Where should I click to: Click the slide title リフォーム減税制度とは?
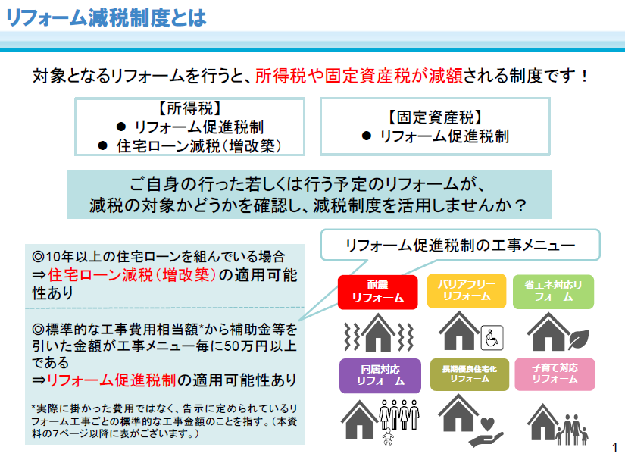(x=106, y=17)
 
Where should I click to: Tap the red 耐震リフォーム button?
(x=377, y=292)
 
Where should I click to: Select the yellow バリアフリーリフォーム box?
(x=467, y=291)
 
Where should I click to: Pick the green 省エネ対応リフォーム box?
(x=553, y=292)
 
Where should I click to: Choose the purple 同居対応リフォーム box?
(x=380, y=376)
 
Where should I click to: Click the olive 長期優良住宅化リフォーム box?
(x=470, y=374)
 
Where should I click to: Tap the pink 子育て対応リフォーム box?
(x=555, y=374)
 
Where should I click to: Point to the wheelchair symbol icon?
(x=492, y=338)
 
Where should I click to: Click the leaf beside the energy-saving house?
(x=579, y=339)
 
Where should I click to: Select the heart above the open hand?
(x=487, y=424)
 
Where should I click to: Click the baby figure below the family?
(x=387, y=437)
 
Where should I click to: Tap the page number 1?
(x=615, y=447)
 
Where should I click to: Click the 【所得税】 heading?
(x=190, y=108)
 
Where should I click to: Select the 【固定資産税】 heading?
(x=436, y=117)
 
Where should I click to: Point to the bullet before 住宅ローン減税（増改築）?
(x=103, y=146)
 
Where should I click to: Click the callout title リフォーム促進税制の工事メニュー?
(x=461, y=246)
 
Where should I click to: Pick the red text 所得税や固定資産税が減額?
(x=359, y=76)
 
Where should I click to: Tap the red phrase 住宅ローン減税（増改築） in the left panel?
(x=133, y=275)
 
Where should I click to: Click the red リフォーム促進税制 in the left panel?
(x=111, y=380)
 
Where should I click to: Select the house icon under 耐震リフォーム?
(x=378, y=333)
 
